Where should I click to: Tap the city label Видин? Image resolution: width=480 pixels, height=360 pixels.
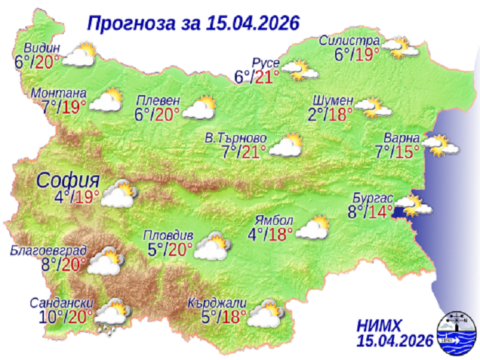tap(42, 48)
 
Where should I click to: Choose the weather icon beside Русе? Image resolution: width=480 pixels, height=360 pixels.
tap(299, 70)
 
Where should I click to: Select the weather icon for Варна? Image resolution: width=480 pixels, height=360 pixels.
tap(440, 145)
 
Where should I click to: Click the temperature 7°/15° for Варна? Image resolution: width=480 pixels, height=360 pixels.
tap(397, 152)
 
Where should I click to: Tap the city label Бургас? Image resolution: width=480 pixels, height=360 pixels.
tap(379, 197)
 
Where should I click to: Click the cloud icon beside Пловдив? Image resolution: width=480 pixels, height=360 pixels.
tap(211, 246)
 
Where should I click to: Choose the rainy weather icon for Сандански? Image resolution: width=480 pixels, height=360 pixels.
tap(113, 315)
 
